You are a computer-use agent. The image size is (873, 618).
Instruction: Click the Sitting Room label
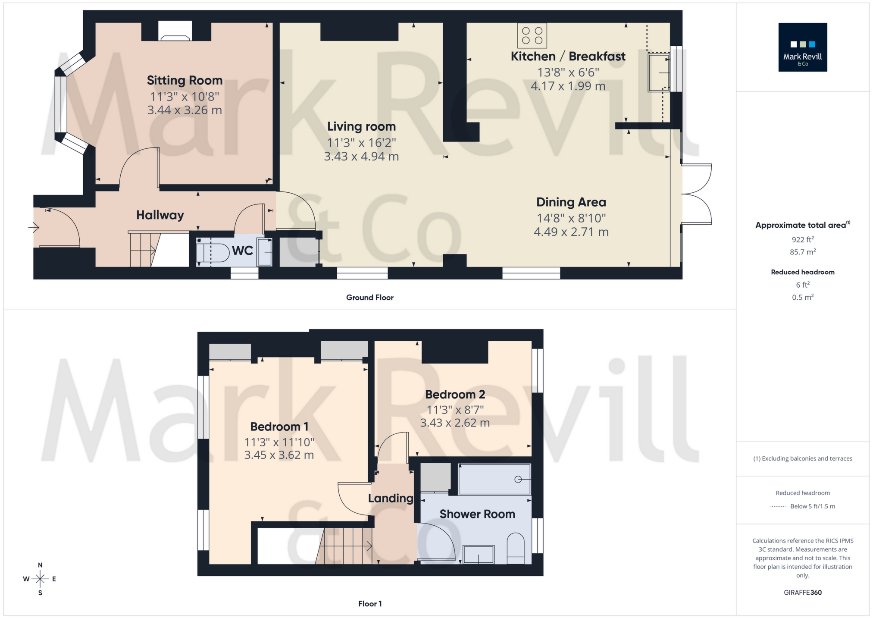click(185, 81)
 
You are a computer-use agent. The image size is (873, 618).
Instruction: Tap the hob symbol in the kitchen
click(532, 36)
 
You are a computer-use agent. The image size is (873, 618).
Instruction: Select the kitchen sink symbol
click(659, 72)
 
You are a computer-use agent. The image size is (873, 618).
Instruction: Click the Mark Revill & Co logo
click(802, 47)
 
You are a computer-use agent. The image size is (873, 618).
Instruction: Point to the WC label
click(242, 251)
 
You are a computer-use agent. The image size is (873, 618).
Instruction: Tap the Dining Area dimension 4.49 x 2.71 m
click(571, 232)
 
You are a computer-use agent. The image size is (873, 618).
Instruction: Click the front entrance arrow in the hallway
click(34, 227)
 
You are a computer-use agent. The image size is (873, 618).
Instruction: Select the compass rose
click(40, 579)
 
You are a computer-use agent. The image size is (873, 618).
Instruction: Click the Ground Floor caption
click(369, 298)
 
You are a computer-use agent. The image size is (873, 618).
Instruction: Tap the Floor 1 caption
click(369, 604)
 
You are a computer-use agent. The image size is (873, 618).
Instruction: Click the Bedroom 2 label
click(455, 394)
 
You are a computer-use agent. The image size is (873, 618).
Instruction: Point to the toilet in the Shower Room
click(516, 548)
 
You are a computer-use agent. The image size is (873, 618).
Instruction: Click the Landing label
click(391, 499)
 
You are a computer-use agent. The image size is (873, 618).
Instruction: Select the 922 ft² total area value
click(802, 240)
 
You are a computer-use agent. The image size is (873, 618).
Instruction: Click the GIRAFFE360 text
click(802, 593)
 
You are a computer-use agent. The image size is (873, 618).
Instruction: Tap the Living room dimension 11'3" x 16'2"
click(361, 142)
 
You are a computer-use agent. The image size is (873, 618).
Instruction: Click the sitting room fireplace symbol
click(175, 31)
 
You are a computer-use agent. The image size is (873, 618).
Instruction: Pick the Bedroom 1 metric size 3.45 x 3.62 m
click(279, 455)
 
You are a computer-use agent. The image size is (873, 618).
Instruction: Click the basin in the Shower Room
click(479, 555)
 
